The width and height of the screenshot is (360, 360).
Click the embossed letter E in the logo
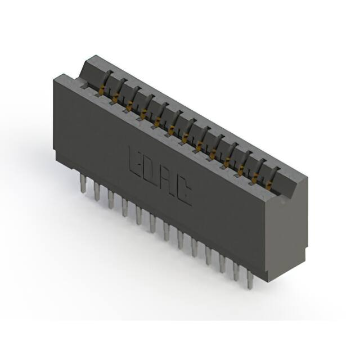pos(136,161)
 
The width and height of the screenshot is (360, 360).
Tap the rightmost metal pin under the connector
pos(250,278)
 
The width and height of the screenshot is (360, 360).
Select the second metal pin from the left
pos(97,191)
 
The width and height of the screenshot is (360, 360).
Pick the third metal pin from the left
pos(111,199)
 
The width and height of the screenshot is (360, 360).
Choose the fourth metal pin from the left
pos(125,207)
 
